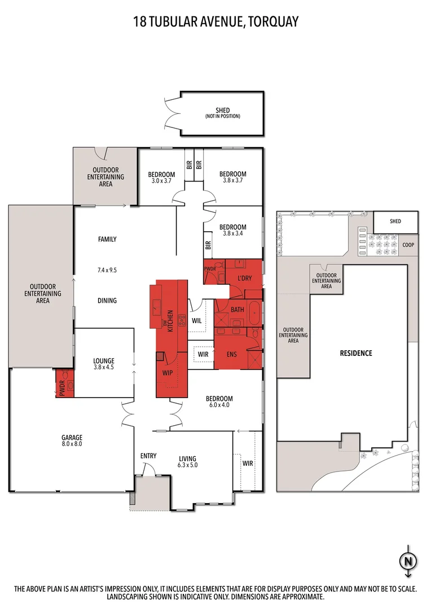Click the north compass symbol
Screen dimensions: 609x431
[x=407, y=561]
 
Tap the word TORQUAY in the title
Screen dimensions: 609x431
[x=275, y=21]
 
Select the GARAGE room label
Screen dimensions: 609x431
[x=72, y=437]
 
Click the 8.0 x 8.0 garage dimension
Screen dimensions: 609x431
[x=72, y=444]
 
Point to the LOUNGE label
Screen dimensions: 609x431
[x=104, y=361]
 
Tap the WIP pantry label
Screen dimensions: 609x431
[x=168, y=373]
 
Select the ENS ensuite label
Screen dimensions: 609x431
[x=231, y=355]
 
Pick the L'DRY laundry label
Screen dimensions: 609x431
[x=244, y=279]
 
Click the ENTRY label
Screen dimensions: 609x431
[x=148, y=456]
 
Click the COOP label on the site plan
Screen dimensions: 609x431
[x=408, y=245]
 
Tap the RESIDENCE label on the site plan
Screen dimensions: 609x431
[x=355, y=354]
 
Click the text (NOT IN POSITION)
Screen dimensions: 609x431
[x=223, y=116]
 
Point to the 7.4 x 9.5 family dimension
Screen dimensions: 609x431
[x=107, y=271]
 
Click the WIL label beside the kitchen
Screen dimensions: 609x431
[x=197, y=320]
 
